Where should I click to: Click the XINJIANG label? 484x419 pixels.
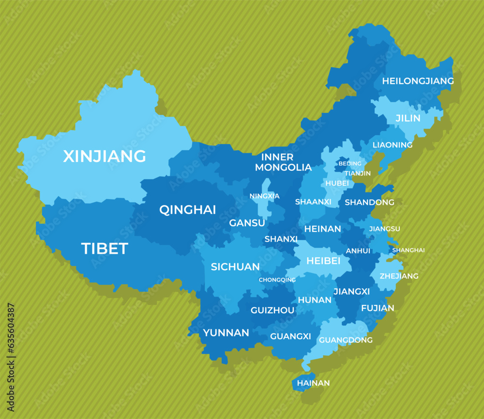click(105, 156)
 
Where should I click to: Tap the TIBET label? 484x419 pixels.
click(105, 248)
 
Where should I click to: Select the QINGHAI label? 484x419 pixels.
click(188, 210)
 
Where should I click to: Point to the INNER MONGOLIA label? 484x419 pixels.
click(283, 162)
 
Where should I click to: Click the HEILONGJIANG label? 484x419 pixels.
click(418, 81)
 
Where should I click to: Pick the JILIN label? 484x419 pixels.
click(408, 118)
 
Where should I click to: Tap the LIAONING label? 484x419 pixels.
click(393, 145)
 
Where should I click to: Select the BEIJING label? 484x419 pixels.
click(350, 164)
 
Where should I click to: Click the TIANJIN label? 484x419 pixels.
click(358, 173)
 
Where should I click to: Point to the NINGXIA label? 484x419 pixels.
click(264, 196)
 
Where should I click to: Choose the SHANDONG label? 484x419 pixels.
click(369, 202)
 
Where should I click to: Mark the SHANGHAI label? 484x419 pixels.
click(408, 250)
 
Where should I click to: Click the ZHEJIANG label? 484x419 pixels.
click(399, 276)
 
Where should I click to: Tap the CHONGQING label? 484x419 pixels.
click(277, 280)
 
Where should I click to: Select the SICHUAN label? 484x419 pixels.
click(235, 267)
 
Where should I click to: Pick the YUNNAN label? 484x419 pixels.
click(226, 332)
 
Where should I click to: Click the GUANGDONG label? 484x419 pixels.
click(346, 340)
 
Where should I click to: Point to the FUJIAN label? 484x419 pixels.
click(378, 308)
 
